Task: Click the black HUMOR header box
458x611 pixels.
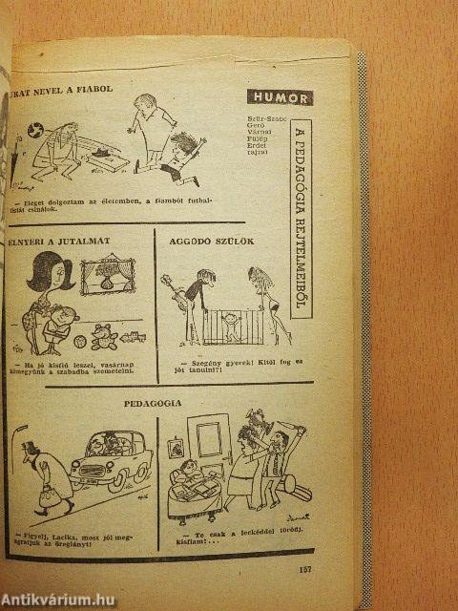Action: pyautogui.click(x=280, y=96)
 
